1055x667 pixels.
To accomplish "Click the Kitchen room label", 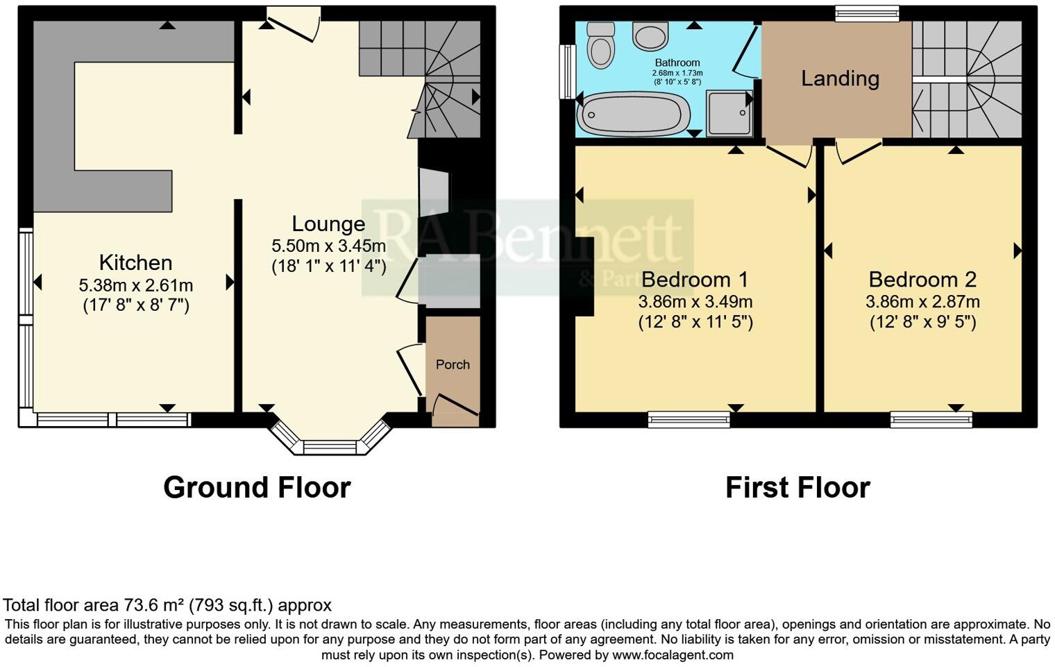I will [x=135, y=262].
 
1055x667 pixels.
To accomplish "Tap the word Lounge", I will [x=328, y=223].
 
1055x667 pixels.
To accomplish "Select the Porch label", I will [x=453, y=364].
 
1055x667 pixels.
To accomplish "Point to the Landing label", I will [x=840, y=78].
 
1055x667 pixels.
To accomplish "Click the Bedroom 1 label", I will [x=695, y=280].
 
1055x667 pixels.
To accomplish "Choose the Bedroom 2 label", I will [x=922, y=280].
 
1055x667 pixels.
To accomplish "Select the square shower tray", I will [x=729, y=112].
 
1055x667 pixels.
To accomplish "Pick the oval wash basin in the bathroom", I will [x=650, y=35].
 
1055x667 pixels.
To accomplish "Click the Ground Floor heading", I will [x=257, y=488].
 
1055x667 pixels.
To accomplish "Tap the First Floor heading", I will [x=797, y=488].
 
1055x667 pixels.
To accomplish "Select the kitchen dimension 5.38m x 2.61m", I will [x=136, y=285].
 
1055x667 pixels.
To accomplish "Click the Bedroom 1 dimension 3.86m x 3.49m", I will [x=695, y=302].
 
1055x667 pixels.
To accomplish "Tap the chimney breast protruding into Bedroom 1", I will [x=584, y=276].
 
